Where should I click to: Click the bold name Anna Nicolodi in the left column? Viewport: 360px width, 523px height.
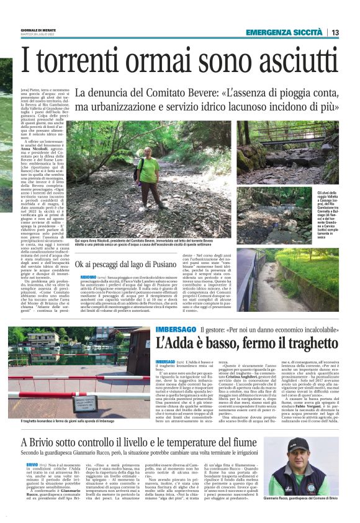(x=42, y=150)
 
